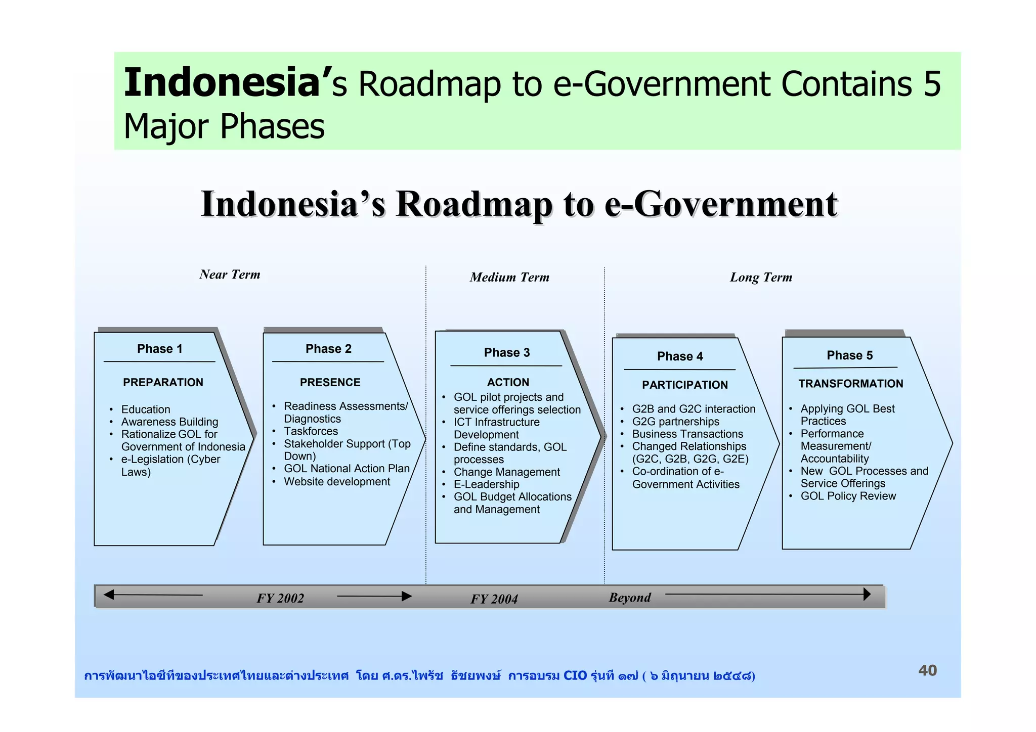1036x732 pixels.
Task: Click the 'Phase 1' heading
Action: click(x=159, y=349)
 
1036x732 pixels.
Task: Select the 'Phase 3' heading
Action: click(x=506, y=352)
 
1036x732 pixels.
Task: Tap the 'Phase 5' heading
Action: click(x=849, y=355)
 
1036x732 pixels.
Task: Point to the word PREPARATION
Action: click(x=163, y=382)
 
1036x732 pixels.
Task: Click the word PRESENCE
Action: click(x=330, y=382)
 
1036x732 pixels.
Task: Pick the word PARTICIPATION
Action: click(x=684, y=385)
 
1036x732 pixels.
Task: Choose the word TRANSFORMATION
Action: click(x=850, y=384)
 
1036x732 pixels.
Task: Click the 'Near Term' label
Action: click(x=230, y=274)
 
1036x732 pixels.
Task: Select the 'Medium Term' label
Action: click(x=509, y=277)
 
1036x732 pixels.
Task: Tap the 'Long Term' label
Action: click(x=761, y=277)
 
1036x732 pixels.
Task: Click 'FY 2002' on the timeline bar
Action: click(x=280, y=598)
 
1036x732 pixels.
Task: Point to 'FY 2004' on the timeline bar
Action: click(x=494, y=599)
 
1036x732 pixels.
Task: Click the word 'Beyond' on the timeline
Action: click(x=630, y=598)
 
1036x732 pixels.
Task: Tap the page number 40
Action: click(x=927, y=670)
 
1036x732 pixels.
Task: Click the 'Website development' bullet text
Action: click(x=337, y=482)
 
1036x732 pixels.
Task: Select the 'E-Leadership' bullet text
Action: click(x=486, y=484)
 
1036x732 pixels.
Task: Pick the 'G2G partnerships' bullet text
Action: click(x=675, y=422)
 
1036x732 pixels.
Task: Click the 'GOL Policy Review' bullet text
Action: click(x=848, y=496)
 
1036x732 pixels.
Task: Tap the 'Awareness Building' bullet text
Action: click(x=169, y=422)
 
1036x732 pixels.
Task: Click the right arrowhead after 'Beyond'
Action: click(x=867, y=594)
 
